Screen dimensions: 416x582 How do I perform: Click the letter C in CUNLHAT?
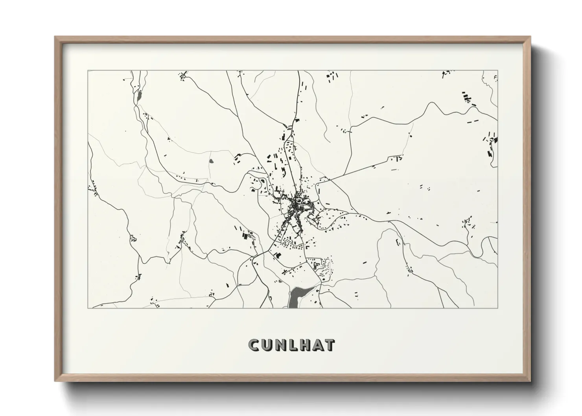(254, 345)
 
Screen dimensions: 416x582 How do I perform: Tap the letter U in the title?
(267, 345)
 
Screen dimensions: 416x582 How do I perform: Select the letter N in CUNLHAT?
(280, 345)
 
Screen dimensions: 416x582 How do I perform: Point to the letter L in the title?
(292, 345)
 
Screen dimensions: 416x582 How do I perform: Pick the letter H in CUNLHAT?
(304, 345)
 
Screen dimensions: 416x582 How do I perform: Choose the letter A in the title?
(317, 345)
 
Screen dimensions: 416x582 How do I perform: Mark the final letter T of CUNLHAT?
(329, 345)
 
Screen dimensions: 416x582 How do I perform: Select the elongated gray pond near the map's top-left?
(139, 97)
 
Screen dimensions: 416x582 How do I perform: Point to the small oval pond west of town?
(211, 161)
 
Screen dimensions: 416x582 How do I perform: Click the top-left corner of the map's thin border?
(88, 71)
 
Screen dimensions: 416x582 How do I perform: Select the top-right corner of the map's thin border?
(498, 71)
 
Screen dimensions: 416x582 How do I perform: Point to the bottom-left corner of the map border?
(88, 308)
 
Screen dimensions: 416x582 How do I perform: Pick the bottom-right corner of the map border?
(498, 308)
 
